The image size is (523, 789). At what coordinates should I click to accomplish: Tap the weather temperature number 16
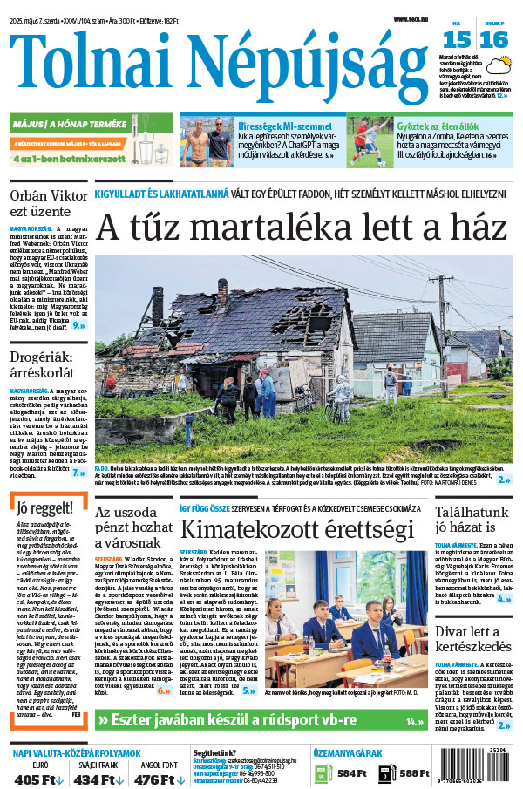493,38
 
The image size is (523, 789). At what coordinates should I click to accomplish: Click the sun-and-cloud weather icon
499,65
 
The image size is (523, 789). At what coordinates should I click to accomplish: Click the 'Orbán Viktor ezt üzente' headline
40,202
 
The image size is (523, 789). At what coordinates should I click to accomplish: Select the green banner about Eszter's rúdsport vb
261,721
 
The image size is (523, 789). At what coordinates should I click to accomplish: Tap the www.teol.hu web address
411,18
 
